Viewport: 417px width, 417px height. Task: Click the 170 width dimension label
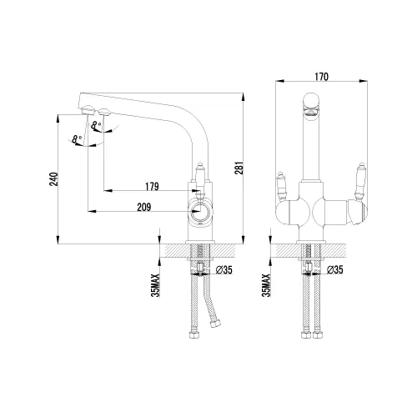coord(321,77)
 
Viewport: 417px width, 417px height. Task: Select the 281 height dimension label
coord(239,168)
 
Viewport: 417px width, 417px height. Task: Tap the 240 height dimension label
coord(53,179)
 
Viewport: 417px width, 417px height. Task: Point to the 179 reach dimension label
coord(152,186)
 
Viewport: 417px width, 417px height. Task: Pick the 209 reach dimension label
coord(144,207)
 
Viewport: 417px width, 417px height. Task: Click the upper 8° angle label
coord(96,126)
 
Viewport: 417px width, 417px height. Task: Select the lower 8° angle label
coord(77,139)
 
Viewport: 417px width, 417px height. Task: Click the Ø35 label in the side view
coord(224,269)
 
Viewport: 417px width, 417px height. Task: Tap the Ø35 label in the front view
coord(335,269)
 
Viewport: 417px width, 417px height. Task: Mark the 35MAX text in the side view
coord(156,285)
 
